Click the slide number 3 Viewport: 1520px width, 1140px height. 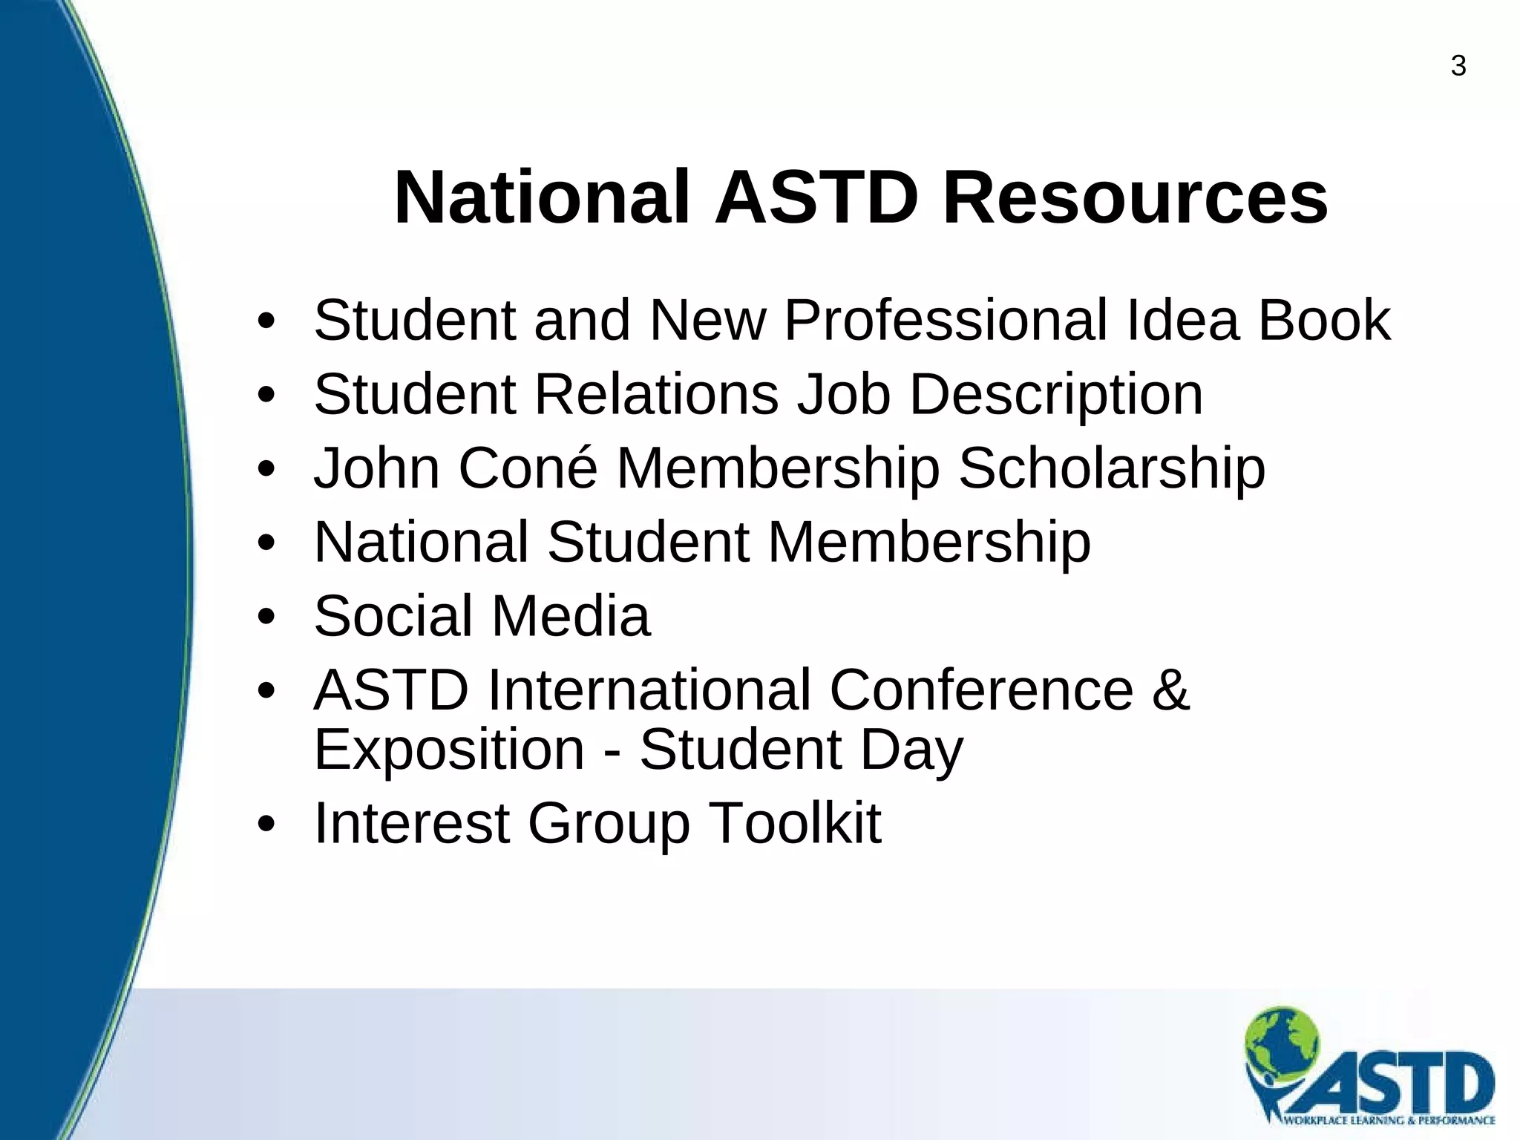[1458, 67]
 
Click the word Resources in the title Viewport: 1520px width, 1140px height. [1135, 198]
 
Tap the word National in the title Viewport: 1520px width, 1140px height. [543, 198]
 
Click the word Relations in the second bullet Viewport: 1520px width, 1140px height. [656, 394]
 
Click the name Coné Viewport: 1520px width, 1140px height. [528, 468]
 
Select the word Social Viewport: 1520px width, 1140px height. [393, 616]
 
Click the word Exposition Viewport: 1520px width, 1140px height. [450, 750]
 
